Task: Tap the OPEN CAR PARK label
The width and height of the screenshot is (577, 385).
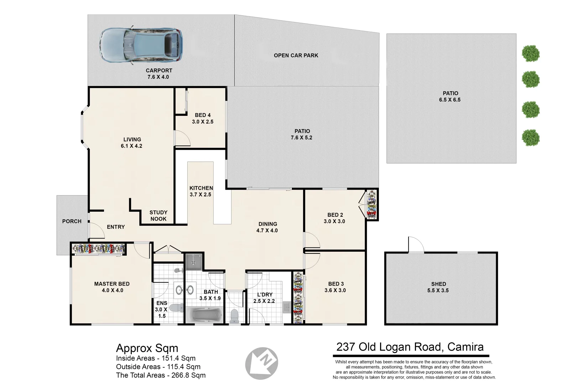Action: pos(296,55)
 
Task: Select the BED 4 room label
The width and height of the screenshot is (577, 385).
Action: pos(202,118)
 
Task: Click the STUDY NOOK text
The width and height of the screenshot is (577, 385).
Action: pos(158,216)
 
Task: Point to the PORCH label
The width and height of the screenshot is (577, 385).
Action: pos(72,221)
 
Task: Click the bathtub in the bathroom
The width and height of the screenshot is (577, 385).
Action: pos(204,315)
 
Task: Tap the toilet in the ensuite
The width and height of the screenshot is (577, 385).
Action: pos(176,308)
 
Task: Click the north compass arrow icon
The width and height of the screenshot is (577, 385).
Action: pos(262,363)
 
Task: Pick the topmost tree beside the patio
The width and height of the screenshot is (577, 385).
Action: pos(531,53)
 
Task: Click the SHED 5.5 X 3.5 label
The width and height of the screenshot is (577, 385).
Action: pos(438,287)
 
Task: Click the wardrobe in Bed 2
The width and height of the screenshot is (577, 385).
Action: pos(372,205)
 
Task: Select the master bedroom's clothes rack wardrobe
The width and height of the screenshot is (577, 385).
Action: pos(99,249)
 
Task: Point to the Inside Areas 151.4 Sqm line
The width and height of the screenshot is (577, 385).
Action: pos(156,358)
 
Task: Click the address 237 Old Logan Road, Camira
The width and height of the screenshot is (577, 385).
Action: pos(410,347)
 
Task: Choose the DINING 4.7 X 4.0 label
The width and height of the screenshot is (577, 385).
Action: pos(267,227)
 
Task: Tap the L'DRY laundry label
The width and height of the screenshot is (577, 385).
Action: pos(264,298)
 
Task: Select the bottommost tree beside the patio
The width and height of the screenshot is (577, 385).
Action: pos(531,138)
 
